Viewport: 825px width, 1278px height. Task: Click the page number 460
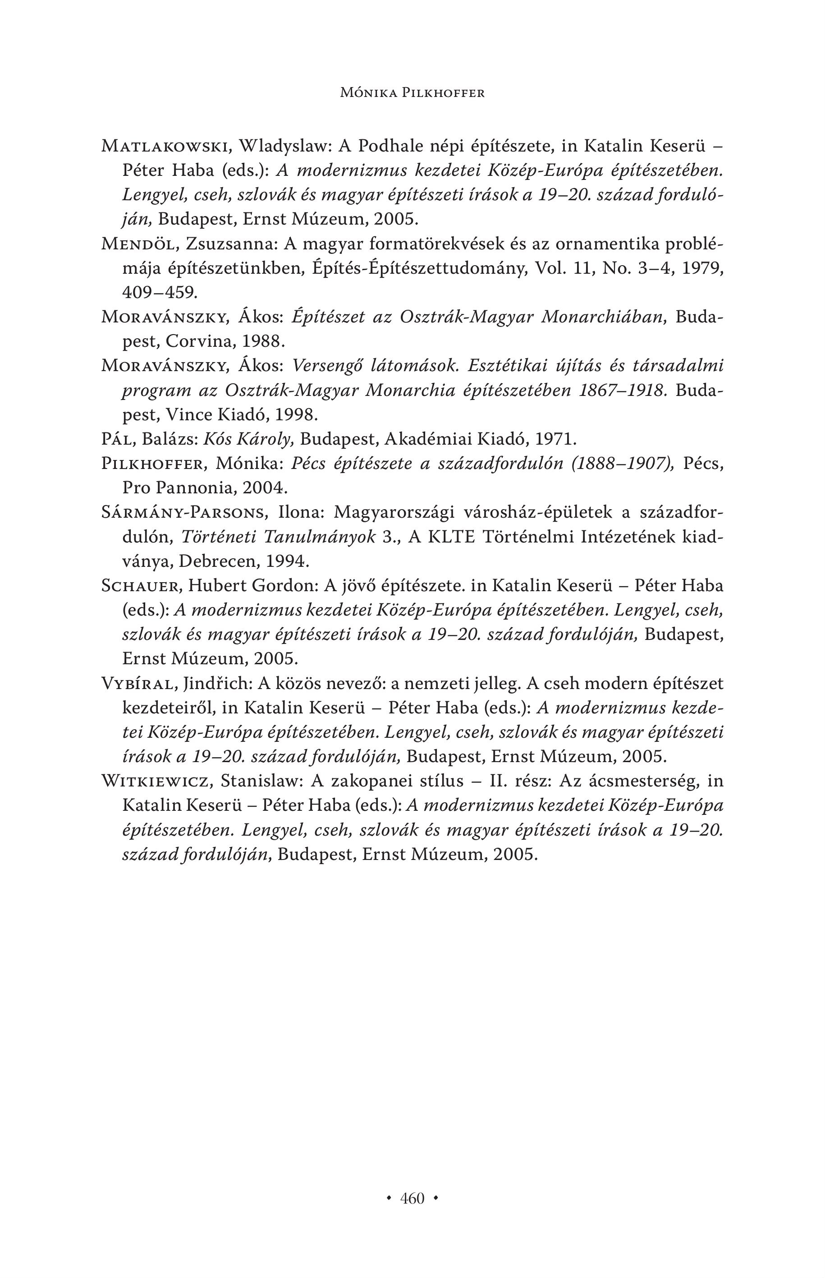412,1198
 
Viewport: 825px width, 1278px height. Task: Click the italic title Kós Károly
250,439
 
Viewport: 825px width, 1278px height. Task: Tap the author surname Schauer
142,586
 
